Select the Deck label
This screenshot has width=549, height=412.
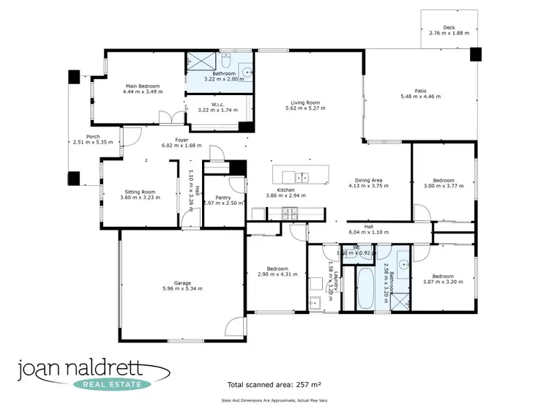pos(449,27)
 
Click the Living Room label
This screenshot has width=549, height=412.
pos(307,102)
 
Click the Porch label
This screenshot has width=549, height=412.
pos(93,136)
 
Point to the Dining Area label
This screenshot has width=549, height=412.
pos(370,180)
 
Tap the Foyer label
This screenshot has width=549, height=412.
pos(182,139)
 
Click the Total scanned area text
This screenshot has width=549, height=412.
pos(275,383)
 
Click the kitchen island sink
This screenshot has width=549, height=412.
pos(301,176)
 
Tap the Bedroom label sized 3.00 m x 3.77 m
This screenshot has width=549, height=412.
pos(444,180)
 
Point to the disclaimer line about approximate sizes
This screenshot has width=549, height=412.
pos(274,400)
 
